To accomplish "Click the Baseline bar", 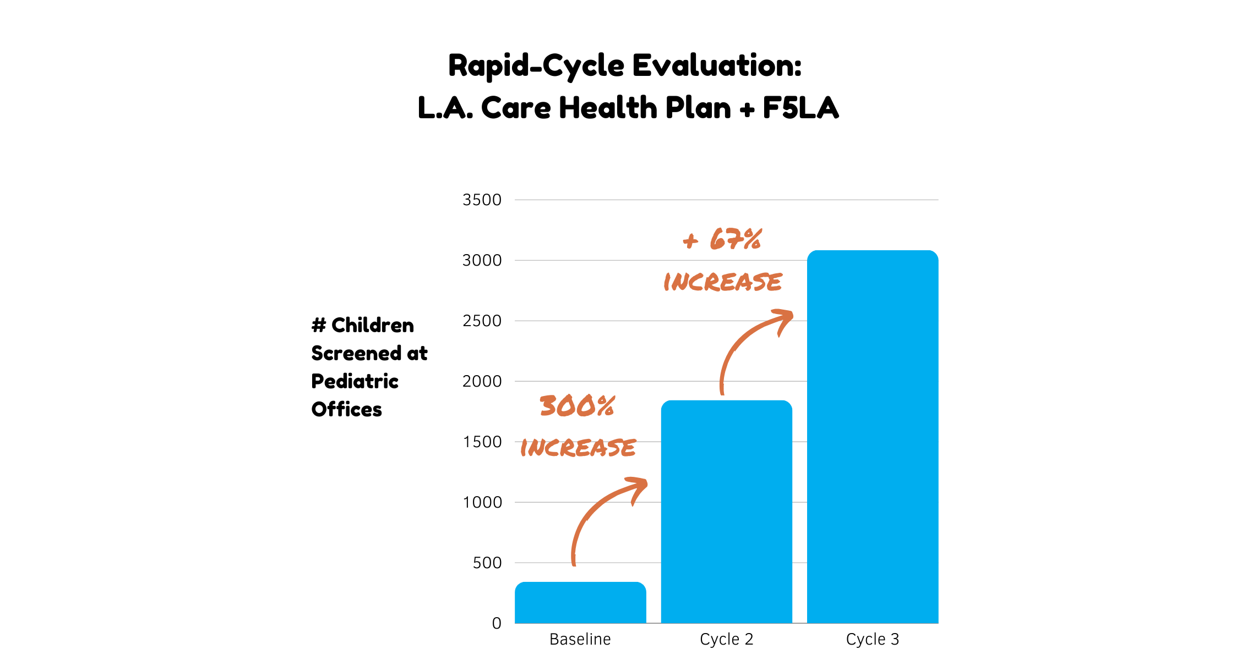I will (580, 603).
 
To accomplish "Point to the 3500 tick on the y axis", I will (482, 200).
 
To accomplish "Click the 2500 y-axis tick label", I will (482, 321).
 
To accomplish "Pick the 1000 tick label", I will (482, 502).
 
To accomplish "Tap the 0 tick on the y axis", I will (497, 623).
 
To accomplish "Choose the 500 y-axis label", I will (487, 563).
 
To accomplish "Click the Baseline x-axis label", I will (580, 639).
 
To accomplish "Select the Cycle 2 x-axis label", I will (726, 639).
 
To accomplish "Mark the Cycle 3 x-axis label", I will (873, 639).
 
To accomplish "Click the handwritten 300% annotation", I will (577, 406).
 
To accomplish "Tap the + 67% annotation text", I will (722, 240).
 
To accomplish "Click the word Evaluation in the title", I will (716, 65).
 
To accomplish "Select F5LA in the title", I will (800, 108).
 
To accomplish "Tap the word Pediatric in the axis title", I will (355, 381).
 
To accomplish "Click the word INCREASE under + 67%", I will (722, 282).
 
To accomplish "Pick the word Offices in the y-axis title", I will (346, 409).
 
